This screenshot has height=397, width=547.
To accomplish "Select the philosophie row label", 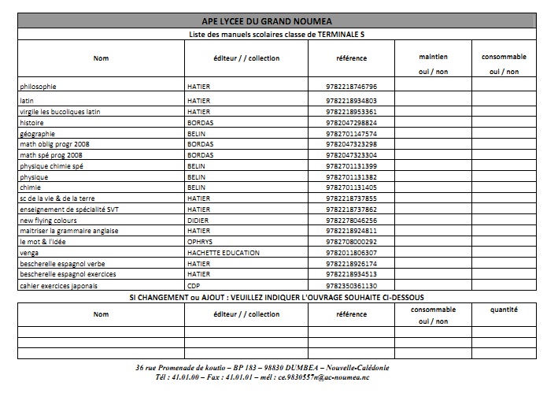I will (x=38, y=86).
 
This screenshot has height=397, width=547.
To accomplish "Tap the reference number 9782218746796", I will (x=350, y=86).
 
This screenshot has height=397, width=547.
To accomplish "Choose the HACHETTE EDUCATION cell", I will (x=216, y=253).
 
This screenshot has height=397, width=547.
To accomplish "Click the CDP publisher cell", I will (x=193, y=285).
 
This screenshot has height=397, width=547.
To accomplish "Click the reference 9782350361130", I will (x=350, y=285).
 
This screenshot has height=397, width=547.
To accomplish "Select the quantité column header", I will (x=504, y=310).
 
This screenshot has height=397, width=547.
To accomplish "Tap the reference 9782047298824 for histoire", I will (x=350, y=123).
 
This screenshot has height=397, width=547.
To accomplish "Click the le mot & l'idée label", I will (x=41, y=242).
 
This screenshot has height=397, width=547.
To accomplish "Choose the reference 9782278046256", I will (x=350, y=221).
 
